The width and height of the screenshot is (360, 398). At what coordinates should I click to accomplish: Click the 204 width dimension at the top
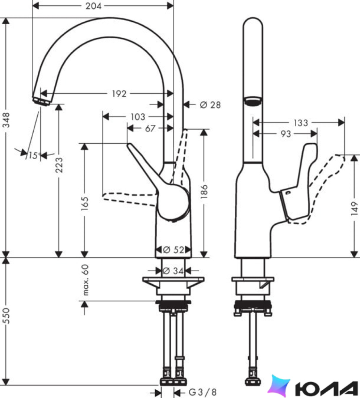coord(93,6)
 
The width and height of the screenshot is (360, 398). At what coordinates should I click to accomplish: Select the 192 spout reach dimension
coord(119,94)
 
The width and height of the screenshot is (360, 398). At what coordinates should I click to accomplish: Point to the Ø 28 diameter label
coord(210,105)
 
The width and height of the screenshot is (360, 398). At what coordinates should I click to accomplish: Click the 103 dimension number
coord(138,117)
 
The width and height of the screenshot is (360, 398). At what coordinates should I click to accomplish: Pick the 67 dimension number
coord(150,128)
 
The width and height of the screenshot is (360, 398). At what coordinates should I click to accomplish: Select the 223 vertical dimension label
coord(59,165)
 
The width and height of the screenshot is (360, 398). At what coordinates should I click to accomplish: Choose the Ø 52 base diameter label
coord(173,250)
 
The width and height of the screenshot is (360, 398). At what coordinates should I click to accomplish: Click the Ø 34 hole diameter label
coord(173,271)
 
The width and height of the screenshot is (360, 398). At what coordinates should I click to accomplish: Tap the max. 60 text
coord(85,280)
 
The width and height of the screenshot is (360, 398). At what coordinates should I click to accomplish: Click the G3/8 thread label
coord(202,392)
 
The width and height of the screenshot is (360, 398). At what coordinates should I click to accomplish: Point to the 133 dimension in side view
coord(301,123)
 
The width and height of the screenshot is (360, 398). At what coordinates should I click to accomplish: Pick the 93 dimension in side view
coord(285,134)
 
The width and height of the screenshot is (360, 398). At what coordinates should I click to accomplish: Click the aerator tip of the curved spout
coord(41,101)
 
